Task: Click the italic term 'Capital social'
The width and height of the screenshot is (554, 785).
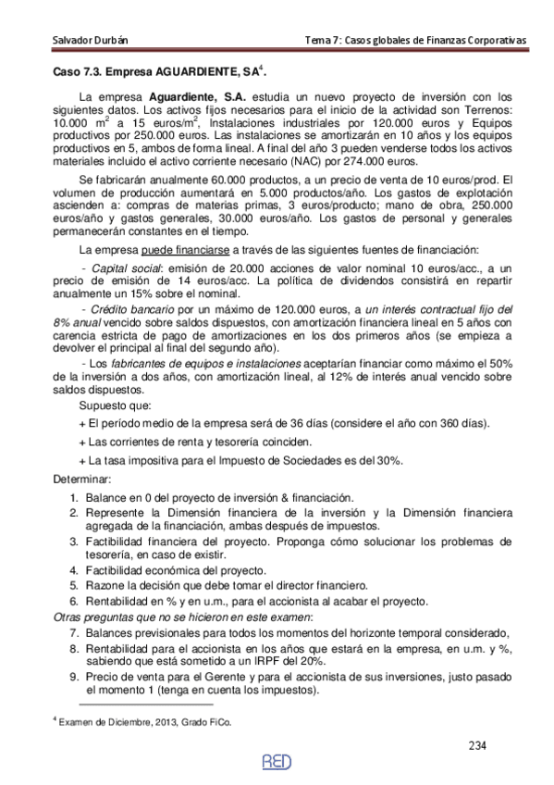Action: point(117,268)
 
